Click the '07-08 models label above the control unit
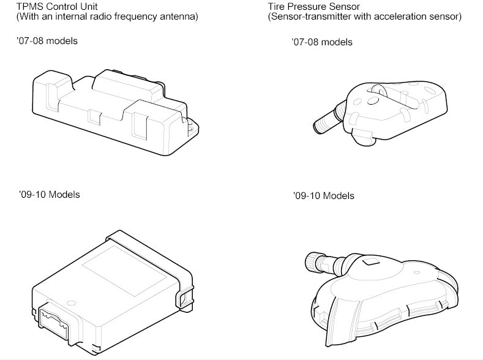click(x=47, y=41)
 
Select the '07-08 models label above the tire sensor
click(x=322, y=42)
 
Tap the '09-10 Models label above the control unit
click(x=50, y=195)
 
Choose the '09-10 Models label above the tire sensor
click(x=324, y=196)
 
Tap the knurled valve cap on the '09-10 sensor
click(x=312, y=262)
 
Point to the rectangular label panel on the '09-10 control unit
click(x=124, y=271)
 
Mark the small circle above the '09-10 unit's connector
click(x=71, y=303)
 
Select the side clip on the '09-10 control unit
click(x=184, y=296)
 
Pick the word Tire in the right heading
click(x=276, y=7)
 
